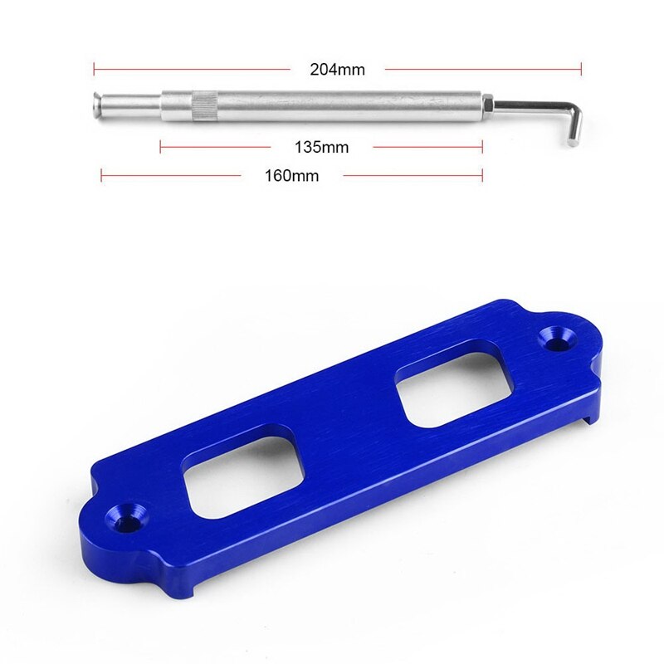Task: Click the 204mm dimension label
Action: tap(337, 70)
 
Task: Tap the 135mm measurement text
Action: tap(321, 148)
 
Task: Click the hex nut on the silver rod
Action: tap(489, 105)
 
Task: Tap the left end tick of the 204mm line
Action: tap(94, 68)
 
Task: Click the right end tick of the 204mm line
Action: tap(581, 68)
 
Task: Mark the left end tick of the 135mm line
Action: tap(160, 147)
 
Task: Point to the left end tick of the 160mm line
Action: tap(101, 175)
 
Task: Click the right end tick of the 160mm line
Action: tap(482, 175)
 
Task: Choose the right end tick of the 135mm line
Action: tap(482, 147)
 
